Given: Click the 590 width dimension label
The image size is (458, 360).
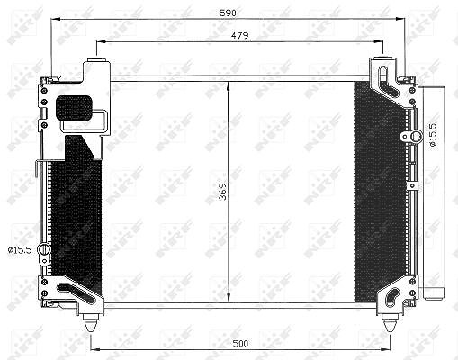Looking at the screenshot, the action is [x=228, y=13].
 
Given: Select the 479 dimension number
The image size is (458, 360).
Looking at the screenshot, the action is [x=239, y=36].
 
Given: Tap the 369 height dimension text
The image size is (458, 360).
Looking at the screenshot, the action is [x=222, y=192].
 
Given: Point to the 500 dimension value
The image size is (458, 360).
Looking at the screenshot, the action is [x=240, y=343].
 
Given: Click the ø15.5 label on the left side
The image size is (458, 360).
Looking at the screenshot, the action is [x=20, y=250].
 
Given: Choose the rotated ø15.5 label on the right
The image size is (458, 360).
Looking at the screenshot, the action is [x=434, y=134].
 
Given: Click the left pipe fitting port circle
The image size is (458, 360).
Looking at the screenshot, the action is [x=44, y=249].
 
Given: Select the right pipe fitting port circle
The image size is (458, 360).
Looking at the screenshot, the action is [x=416, y=135].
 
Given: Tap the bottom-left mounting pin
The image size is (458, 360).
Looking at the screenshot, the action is [x=91, y=322].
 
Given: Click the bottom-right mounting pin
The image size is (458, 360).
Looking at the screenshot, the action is [x=390, y=322].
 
